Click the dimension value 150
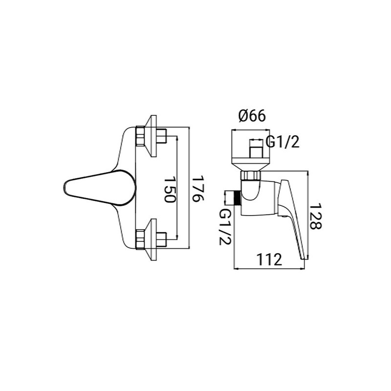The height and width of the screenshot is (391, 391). [x=169, y=191]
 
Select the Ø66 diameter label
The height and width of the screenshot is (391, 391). [x=252, y=116]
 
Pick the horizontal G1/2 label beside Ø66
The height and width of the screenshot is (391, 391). [x=282, y=143]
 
